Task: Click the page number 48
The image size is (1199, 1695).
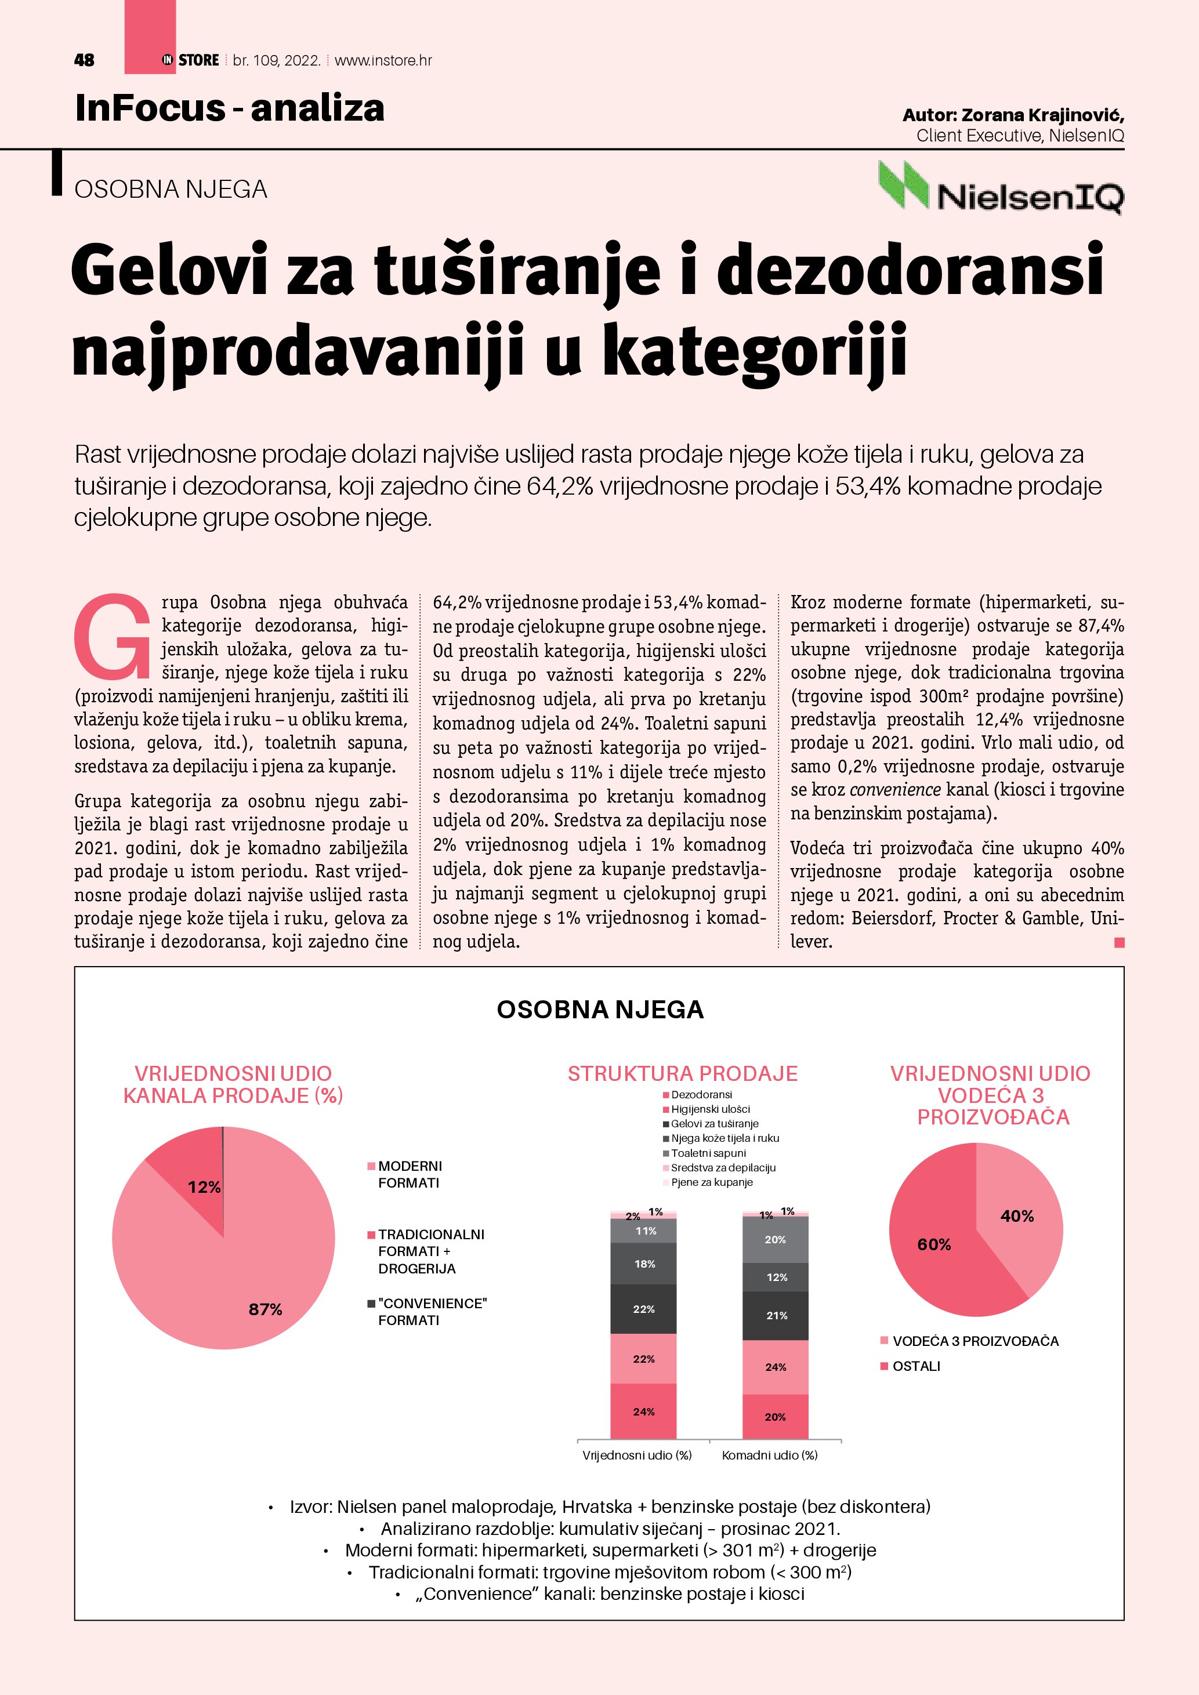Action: pyautogui.click(x=84, y=60)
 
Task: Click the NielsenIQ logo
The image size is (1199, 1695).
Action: pyautogui.click(x=1001, y=188)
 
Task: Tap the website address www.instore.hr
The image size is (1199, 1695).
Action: pyautogui.click(x=383, y=60)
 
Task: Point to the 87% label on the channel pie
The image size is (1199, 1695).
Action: pyautogui.click(x=265, y=1309)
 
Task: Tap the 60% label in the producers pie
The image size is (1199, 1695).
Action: pyautogui.click(x=934, y=1244)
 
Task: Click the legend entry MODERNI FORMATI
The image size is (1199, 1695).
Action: pyautogui.click(x=409, y=1174)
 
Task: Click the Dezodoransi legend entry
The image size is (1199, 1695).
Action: pyautogui.click(x=701, y=1095)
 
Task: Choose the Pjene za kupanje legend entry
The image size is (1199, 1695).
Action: pyautogui.click(x=711, y=1182)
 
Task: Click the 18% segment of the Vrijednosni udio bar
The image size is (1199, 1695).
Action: pyautogui.click(x=644, y=1264)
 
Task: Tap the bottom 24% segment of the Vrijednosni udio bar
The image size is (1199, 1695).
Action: pyautogui.click(x=644, y=1411)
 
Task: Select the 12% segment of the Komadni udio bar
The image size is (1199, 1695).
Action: pyautogui.click(x=776, y=1277)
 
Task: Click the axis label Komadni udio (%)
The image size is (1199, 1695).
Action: pyautogui.click(x=769, y=1455)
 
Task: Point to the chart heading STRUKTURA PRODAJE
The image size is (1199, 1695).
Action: pyautogui.click(x=682, y=1073)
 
